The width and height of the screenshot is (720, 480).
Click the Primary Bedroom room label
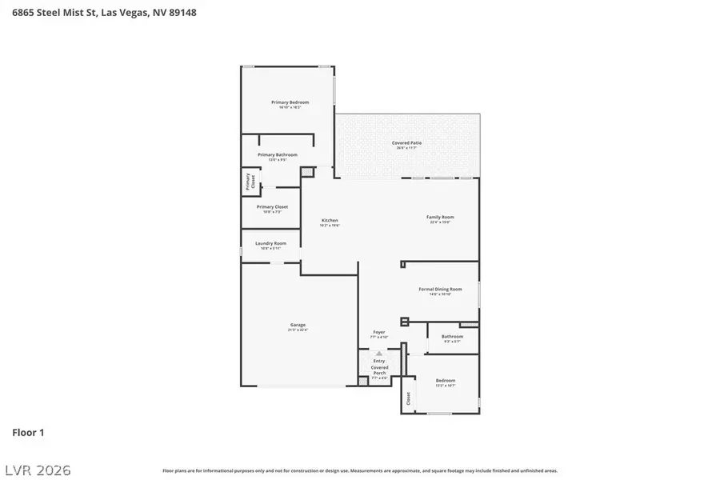[290, 102]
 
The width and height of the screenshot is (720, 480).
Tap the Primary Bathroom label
[277, 154]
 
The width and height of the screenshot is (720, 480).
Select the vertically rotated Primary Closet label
[249, 182]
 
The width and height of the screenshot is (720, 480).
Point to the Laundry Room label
[270, 243]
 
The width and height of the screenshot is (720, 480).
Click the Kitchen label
[330, 220]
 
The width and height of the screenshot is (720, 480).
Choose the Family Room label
[440, 218]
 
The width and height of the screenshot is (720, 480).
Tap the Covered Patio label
[406, 143]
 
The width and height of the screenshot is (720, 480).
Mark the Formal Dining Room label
[440, 289]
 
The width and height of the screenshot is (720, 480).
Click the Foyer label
[379, 332]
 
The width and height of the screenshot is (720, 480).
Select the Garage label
[298, 325]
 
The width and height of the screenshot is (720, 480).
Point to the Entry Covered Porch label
[379, 367]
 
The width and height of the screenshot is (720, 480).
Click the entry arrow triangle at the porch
[379, 353]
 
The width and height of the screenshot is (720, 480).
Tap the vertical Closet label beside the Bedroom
[408, 398]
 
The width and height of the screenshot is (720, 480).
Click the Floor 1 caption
[28, 433]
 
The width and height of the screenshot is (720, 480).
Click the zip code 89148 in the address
[181, 13]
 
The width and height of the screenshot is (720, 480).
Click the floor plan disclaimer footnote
[360, 471]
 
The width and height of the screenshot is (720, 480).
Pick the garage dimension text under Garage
[298, 330]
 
